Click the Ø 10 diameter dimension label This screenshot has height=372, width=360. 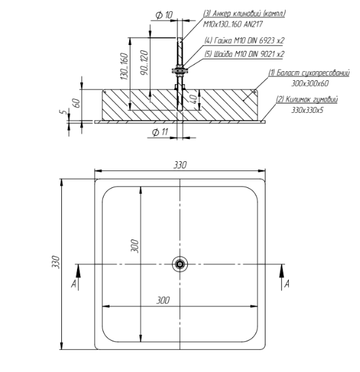click(x=164, y=15)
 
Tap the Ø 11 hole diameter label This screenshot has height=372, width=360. click(x=160, y=132)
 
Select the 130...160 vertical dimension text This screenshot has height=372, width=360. click(x=125, y=66)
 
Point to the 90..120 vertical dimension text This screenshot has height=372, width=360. click(x=144, y=63)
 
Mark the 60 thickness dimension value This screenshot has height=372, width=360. click(x=77, y=103)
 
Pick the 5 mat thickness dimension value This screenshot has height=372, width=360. click(x=62, y=112)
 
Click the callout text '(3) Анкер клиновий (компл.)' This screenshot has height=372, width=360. click(x=245, y=14)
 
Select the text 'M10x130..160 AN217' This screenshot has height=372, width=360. click(x=233, y=24)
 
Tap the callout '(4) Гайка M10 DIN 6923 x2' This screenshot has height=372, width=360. click(x=245, y=40)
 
